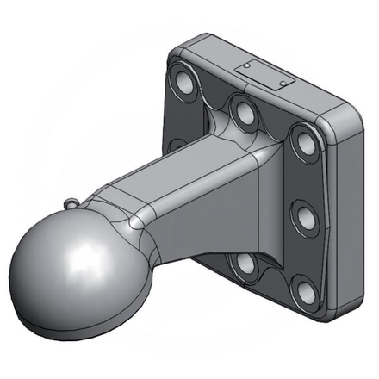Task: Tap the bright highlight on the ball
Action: click(86, 257)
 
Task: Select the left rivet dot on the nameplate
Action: click(247, 65)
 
